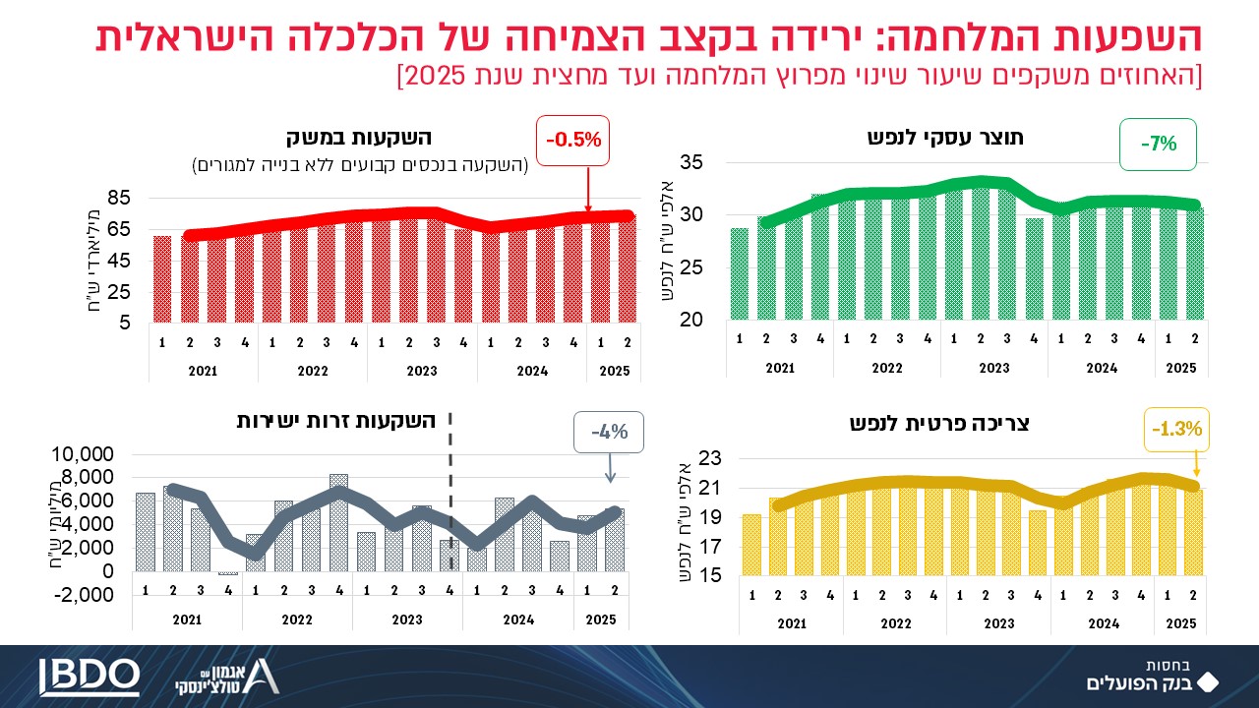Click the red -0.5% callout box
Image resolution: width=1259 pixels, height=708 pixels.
pos(574,140)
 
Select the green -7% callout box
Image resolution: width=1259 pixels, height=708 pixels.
pos(1159,144)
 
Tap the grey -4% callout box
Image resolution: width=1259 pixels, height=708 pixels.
pos(609,432)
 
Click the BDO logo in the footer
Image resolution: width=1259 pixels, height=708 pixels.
pos(90,676)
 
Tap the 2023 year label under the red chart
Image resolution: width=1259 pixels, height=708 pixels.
pos(422,372)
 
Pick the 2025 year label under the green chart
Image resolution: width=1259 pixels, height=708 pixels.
pos(1182,368)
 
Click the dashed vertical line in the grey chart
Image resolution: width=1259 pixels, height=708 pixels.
pos(450,492)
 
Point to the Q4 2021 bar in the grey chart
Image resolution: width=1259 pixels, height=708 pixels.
pos(228,573)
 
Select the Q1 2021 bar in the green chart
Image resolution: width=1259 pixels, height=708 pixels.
pos(740,273)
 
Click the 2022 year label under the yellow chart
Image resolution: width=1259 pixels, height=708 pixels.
pos(896,623)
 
